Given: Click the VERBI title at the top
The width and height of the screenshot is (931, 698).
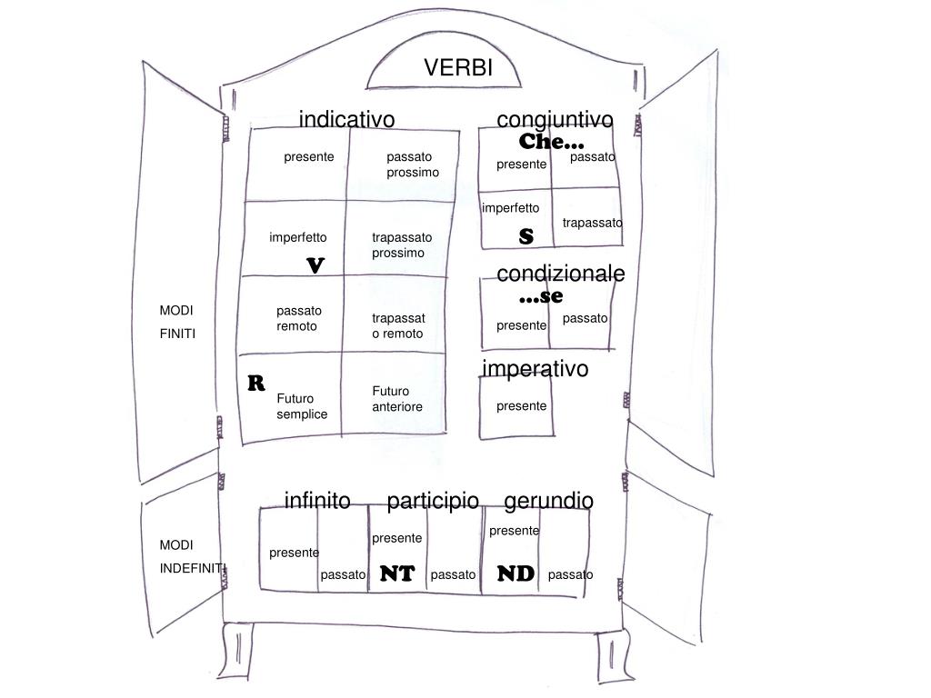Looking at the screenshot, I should point(458,68).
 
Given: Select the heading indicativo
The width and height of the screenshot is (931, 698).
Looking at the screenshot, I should point(346,120).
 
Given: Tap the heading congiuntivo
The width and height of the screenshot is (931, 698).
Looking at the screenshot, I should point(555,120).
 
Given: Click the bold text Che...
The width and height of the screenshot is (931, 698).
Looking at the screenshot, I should point(552,142).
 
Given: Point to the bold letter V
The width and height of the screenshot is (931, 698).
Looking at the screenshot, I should point(315,265).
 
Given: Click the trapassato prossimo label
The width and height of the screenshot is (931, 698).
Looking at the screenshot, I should point(402,244).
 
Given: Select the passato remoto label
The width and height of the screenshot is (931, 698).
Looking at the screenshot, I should point(299,318).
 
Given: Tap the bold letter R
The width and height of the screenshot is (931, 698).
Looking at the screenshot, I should point(256,382).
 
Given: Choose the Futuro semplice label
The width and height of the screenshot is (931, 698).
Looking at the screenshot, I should point(302,406).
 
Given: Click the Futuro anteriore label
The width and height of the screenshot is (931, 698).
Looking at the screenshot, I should point(397,399).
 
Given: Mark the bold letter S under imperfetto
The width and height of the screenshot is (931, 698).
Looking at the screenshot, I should point(526,236).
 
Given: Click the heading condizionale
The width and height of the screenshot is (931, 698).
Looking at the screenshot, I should point(560,274).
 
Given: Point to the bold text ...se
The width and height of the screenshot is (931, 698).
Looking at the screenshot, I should point(541,296).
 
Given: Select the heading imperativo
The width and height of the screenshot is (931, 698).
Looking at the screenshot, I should point(536,368).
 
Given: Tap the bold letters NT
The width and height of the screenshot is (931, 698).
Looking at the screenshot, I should point(397,574).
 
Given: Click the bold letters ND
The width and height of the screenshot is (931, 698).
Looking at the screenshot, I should point(516,573).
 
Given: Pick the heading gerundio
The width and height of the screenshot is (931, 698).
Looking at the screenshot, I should point(548,501).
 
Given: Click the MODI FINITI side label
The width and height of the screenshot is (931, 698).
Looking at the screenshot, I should point(177,322).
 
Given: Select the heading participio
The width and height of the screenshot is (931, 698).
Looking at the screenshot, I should point(433,501).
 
